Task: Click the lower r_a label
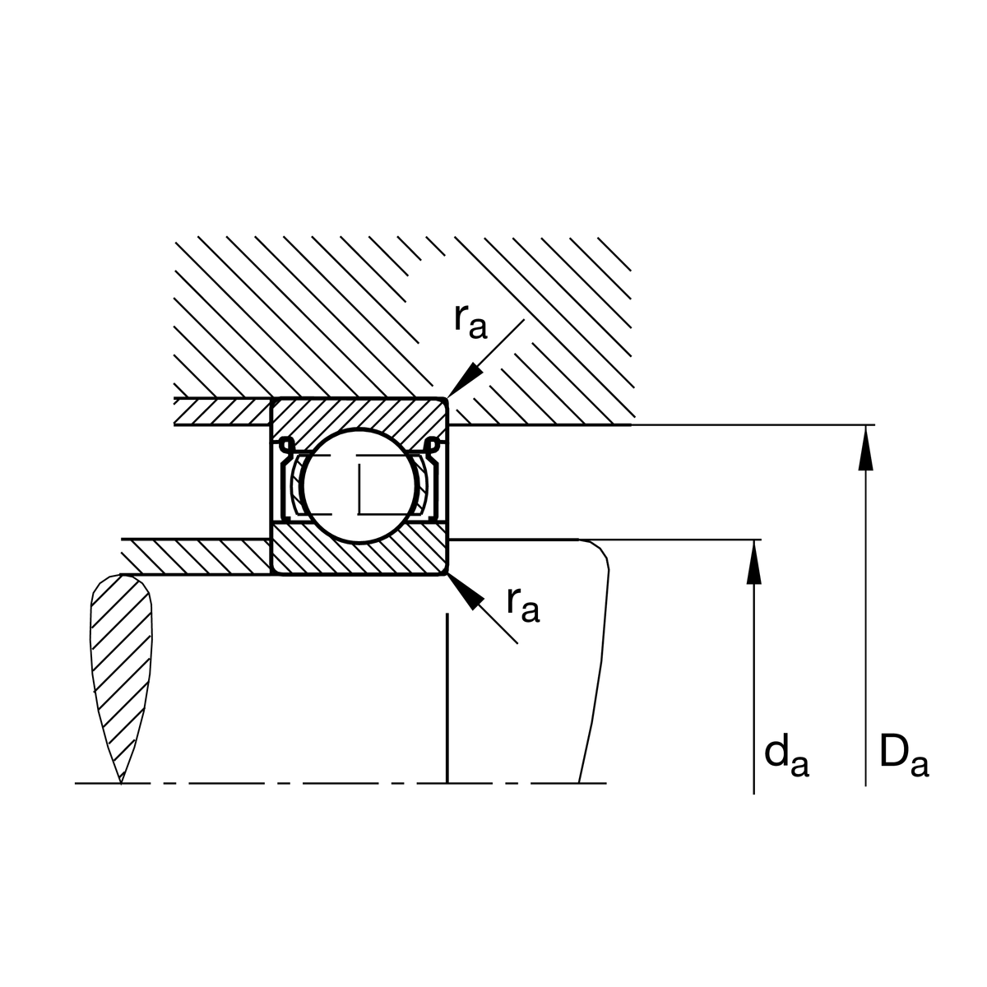click(523, 605)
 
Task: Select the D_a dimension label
click(903, 758)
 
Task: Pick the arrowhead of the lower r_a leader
click(464, 591)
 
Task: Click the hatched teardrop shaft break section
click(122, 658)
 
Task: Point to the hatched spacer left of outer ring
click(222, 411)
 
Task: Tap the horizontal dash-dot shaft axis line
click(329, 783)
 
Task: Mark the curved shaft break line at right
click(599, 658)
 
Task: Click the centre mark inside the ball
click(360, 487)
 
